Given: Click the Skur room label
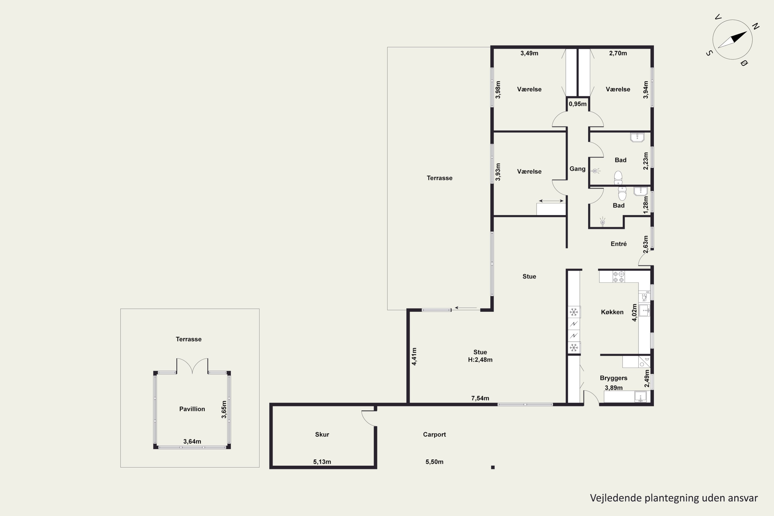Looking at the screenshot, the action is click(x=322, y=434).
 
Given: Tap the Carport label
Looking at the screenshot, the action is click(x=434, y=434).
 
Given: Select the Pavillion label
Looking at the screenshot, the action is click(x=192, y=409).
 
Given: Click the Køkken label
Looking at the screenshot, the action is click(x=612, y=312).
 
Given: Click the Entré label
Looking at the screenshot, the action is click(x=619, y=244).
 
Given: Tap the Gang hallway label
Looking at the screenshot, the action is click(x=578, y=169).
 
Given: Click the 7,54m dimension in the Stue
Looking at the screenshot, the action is click(x=480, y=398).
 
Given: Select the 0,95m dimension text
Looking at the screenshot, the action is click(x=578, y=104).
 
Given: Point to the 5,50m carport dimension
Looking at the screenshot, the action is click(x=434, y=462).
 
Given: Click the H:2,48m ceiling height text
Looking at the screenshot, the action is click(x=480, y=360).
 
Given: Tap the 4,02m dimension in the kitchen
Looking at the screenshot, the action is click(x=634, y=312).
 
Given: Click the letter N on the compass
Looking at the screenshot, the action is click(x=756, y=26).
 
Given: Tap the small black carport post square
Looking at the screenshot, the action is click(x=493, y=467).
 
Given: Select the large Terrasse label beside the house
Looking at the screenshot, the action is click(x=440, y=178).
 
